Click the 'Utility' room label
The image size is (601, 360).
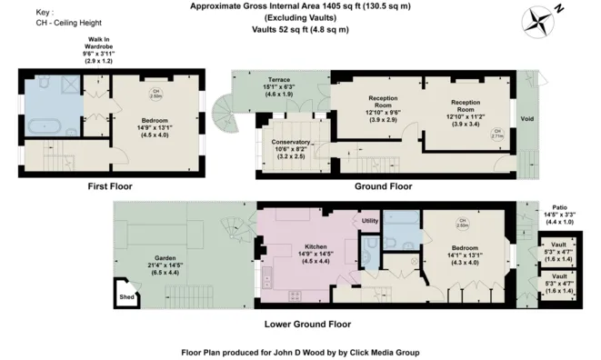(x=369, y=221)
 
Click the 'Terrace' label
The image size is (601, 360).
(x=267, y=80)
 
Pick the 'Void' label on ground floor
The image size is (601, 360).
(x=526, y=118)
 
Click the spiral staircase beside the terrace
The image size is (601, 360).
(x=222, y=116)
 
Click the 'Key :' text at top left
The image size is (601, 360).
(x=45, y=12)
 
